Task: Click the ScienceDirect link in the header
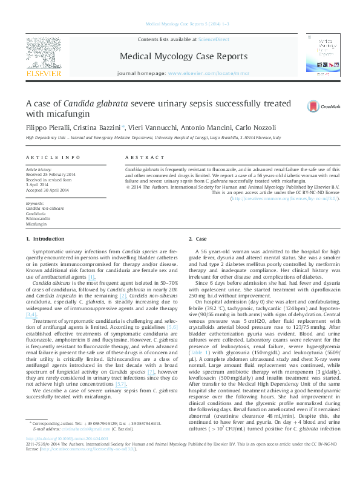click(214, 39)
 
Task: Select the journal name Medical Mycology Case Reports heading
click(184, 57)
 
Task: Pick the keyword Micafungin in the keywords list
click(36, 224)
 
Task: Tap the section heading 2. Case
click(198, 240)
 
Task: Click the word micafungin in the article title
click(71, 114)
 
